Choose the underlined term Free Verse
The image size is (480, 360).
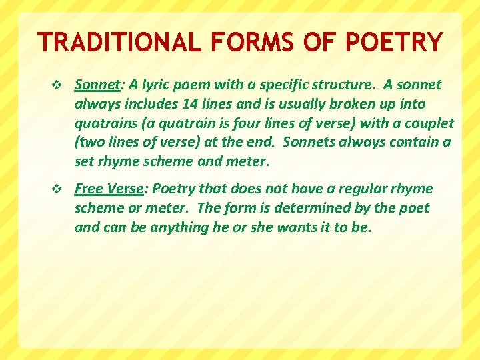[x=108, y=189]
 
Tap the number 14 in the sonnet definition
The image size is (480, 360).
[x=189, y=104]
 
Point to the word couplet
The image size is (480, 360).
[x=427, y=123]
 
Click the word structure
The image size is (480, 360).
[x=335, y=85]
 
